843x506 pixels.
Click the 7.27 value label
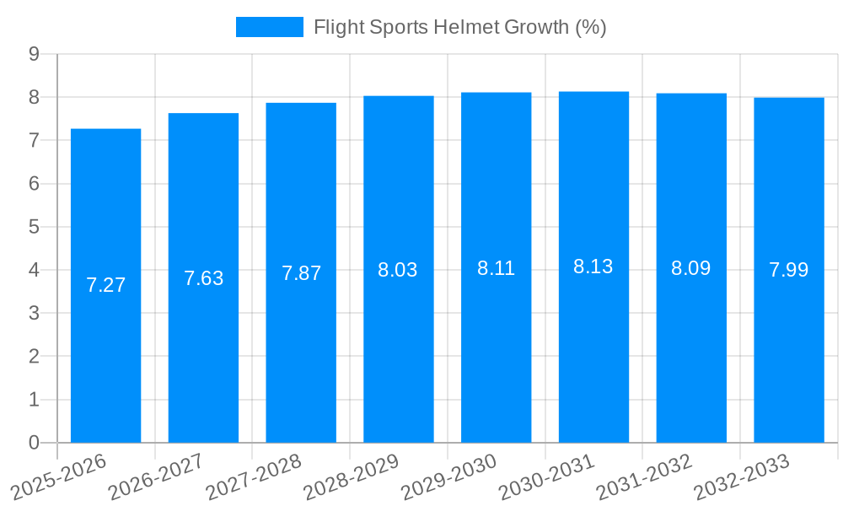coord(105,285)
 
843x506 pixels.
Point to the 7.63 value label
coord(203,278)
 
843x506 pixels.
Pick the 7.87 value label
coord(301,273)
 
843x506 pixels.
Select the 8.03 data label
coord(398,270)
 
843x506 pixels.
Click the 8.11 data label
coord(496,268)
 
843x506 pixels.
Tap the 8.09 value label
coord(691,268)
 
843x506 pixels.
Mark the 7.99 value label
coord(789,270)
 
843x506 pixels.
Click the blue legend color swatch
coord(269,27)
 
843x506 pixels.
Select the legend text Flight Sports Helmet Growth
coord(459,27)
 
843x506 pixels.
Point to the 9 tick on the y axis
coord(35,54)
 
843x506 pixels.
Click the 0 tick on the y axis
coord(35,443)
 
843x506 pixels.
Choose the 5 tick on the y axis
coord(35,227)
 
